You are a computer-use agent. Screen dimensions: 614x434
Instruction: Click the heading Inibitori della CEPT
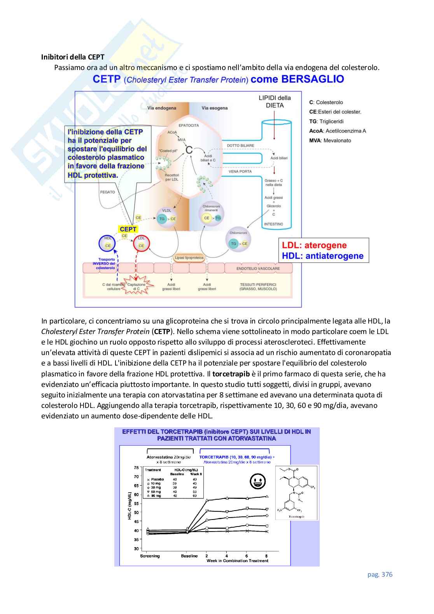click(x=73, y=57)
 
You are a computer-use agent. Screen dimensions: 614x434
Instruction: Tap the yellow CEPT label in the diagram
click(x=128, y=229)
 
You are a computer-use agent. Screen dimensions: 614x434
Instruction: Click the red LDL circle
click(x=141, y=244)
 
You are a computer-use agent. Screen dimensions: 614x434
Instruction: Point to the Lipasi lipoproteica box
click(x=189, y=257)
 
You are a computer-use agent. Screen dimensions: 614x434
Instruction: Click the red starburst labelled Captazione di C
click(x=136, y=287)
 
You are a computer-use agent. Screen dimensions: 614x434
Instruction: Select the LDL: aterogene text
click(x=314, y=245)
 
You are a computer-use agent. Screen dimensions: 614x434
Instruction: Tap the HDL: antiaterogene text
click(x=323, y=256)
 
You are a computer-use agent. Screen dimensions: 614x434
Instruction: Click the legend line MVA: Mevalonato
click(x=330, y=141)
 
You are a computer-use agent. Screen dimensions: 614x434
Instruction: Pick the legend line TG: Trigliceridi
click(x=326, y=121)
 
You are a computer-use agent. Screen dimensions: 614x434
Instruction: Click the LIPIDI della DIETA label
click(x=275, y=101)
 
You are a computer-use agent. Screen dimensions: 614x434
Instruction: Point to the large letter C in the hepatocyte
click(x=189, y=150)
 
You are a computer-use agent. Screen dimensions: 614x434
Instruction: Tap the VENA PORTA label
click(x=240, y=171)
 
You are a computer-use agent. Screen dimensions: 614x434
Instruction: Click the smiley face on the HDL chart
click(x=257, y=481)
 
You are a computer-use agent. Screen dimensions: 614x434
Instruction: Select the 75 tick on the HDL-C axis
click(x=136, y=468)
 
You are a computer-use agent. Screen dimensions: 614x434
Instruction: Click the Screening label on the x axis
click(x=150, y=556)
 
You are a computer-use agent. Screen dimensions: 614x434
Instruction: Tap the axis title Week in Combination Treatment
click(x=237, y=561)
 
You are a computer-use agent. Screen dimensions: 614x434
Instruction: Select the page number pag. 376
click(x=380, y=574)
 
